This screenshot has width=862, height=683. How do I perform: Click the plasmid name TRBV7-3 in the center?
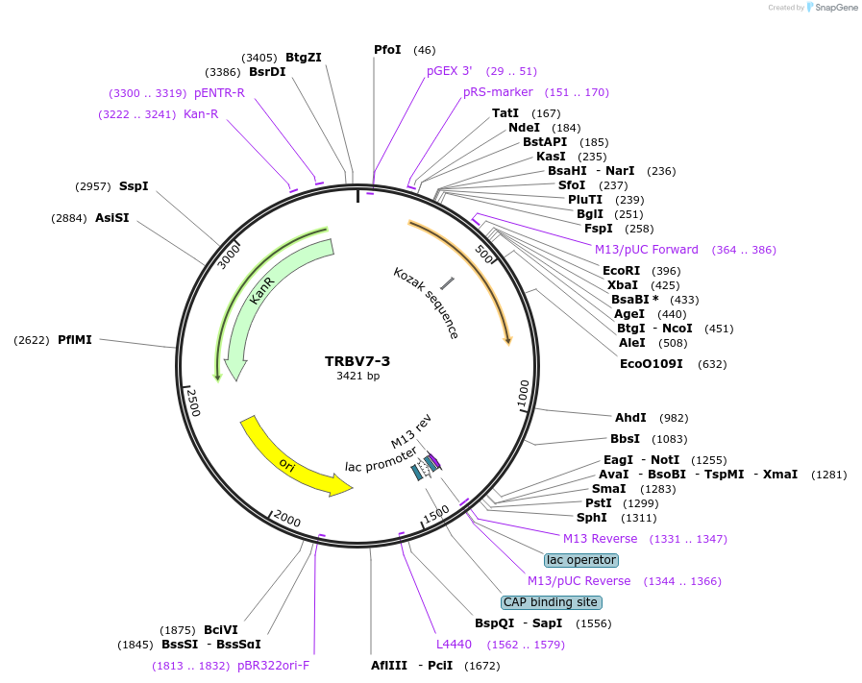click(x=357, y=361)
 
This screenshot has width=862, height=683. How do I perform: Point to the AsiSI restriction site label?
click(x=111, y=218)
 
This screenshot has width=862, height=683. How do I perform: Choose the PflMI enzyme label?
click(x=75, y=339)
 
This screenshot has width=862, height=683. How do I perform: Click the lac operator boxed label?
click(x=580, y=560)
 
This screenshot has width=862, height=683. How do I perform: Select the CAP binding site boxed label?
click(x=552, y=602)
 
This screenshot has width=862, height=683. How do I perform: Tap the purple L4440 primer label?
click(x=454, y=644)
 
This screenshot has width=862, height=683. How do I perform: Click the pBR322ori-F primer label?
click(x=273, y=665)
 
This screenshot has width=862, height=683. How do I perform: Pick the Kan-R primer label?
click(x=201, y=114)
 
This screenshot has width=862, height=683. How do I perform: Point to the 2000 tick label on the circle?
click(x=287, y=519)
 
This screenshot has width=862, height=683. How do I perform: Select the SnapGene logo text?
click(x=833, y=8)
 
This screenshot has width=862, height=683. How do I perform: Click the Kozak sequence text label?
click(x=426, y=303)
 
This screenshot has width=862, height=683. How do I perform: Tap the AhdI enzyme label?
click(x=630, y=418)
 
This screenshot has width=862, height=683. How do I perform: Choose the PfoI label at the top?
click(x=387, y=50)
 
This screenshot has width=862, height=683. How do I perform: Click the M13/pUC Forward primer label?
click(x=646, y=250)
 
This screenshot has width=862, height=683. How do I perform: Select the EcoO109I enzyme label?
click(x=652, y=364)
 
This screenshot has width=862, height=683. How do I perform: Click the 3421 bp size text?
click(x=357, y=376)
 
